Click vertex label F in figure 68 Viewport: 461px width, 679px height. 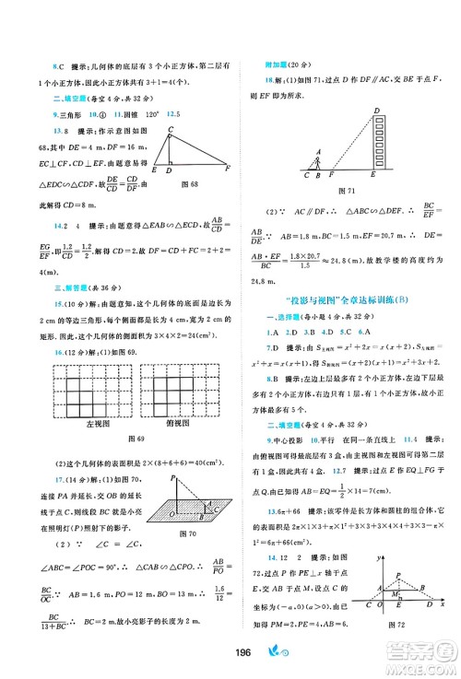(x=226, y=170)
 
